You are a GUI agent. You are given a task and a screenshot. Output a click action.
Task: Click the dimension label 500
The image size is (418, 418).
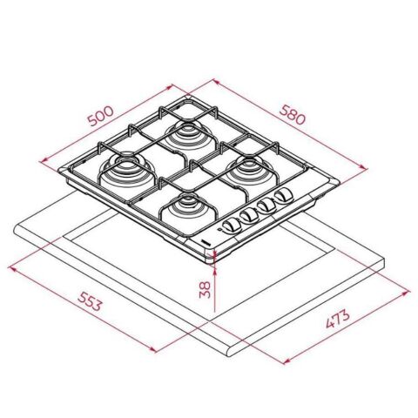pyautogui.click(x=101, y=117)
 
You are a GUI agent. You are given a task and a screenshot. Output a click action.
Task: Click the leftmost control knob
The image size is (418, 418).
pyautogui.click(x=230, y=224)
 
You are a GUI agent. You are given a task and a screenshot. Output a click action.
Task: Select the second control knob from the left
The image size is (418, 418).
pyautogui.click(x=248, y=216)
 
